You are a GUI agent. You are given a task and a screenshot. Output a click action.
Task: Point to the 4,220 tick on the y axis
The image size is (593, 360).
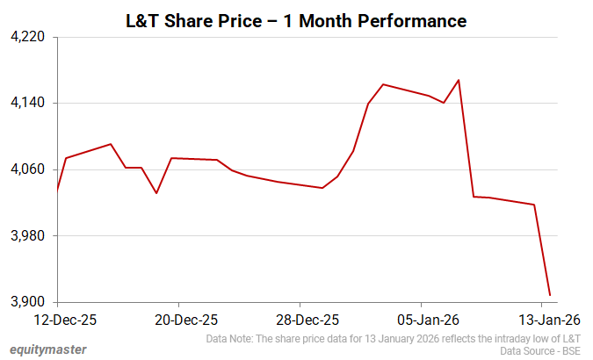(x=30, y=38)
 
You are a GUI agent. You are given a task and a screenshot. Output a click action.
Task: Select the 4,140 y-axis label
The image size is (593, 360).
(x=30, y=104)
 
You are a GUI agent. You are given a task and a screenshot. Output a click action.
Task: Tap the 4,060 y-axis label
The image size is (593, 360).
(x=30, y=169)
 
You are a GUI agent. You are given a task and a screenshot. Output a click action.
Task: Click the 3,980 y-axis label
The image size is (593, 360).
(x=30, y=236)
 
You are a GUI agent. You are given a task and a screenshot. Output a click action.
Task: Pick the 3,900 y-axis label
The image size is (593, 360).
(x=30, y=302)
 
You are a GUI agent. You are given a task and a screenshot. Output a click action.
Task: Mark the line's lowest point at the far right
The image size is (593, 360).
(x=549, y=295)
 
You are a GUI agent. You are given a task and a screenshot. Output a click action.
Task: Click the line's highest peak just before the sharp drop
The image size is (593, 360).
(x=459, y=80)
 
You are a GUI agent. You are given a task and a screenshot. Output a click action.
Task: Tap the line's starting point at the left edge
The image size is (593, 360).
(x=57, y=190)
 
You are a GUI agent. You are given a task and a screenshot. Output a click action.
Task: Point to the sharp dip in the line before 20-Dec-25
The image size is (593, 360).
(x=156, y=193)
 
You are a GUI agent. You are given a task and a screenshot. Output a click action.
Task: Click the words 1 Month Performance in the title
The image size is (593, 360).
(x=381, y=19)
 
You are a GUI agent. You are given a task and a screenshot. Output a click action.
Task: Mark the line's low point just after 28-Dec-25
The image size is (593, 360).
(x=322, y=188)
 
